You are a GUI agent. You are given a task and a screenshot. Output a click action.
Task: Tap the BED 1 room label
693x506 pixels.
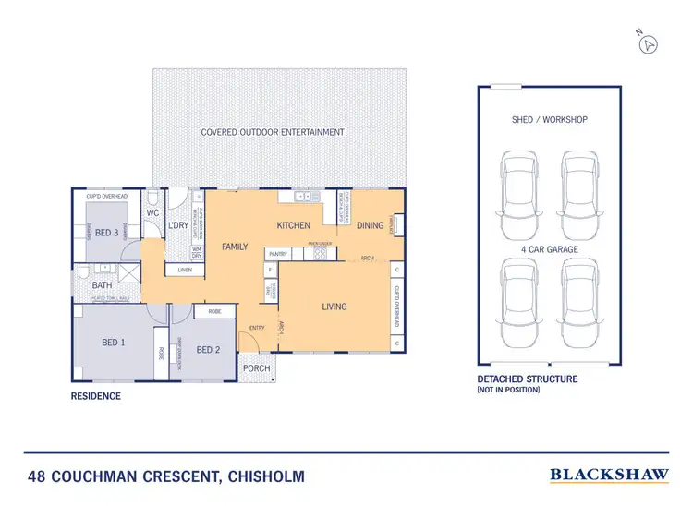(x=113, y=343)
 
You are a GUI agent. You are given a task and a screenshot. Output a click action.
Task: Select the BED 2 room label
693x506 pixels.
(x=208, y=349)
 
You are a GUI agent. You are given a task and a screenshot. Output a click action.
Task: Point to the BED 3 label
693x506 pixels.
(x=107, y=232)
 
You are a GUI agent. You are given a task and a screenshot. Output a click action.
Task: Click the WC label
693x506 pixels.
(x=153, y=213)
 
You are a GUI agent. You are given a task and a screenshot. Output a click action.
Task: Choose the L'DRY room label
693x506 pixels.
(x=178, y=226)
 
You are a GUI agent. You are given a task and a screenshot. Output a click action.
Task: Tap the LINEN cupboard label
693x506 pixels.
(x=185, y=270)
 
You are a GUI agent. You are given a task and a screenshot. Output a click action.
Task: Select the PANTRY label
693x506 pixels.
(x=277, y=253)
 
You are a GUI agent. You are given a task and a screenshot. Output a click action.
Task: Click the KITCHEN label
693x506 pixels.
(x=293, y=225)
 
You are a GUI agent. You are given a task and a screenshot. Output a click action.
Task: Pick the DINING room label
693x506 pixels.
(x=370, y=225)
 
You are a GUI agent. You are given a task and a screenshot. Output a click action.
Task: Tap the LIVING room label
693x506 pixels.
(x=334, y=307)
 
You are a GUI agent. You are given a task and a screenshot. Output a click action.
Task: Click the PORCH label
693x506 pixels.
(x=256, y=368)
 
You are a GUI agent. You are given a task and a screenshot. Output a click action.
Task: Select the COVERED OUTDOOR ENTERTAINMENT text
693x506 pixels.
(x=273, y=132)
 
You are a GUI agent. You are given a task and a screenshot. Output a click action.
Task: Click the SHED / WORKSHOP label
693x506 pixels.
(x=549, y=120)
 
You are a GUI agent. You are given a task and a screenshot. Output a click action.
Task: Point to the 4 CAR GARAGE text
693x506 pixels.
(x=549, y=249)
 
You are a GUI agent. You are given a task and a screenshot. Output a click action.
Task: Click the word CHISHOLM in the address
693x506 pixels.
(x=263, y=477)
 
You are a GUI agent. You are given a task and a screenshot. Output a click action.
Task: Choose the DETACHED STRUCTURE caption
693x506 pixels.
(x=527, y=379)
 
